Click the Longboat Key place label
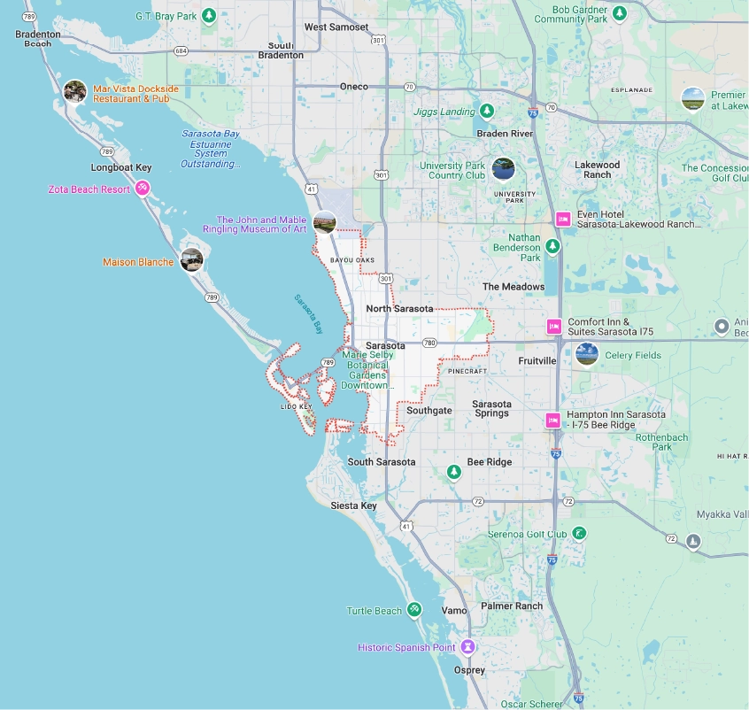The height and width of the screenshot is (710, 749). coord(121,167)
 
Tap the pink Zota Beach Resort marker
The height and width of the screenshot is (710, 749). coord(142,189)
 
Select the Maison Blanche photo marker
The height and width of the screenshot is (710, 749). coord(191,260)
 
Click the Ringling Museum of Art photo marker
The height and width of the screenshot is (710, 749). coord(324,221)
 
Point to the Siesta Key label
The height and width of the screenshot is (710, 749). coord(353,505)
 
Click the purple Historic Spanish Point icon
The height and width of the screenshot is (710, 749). coord(467,647)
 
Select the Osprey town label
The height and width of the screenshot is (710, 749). coord(469,670)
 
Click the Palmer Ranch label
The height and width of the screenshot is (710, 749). coord(512,606)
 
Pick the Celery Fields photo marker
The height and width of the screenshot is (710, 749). coord(586,355)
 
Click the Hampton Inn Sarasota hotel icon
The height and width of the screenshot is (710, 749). coord(553,420)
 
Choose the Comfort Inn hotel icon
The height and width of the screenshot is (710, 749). coord(554,327)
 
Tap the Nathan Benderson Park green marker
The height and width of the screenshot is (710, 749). coord(552,246)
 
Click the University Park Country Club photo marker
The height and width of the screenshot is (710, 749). coord(503,168)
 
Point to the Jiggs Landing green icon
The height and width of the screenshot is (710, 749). coord(487,112)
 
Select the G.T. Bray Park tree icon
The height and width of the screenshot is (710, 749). coord(209,15)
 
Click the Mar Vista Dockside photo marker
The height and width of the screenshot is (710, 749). coord(75,91)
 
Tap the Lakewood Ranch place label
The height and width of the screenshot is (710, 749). coord(598,169)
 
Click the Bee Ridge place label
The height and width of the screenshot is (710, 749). coord(490,462)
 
